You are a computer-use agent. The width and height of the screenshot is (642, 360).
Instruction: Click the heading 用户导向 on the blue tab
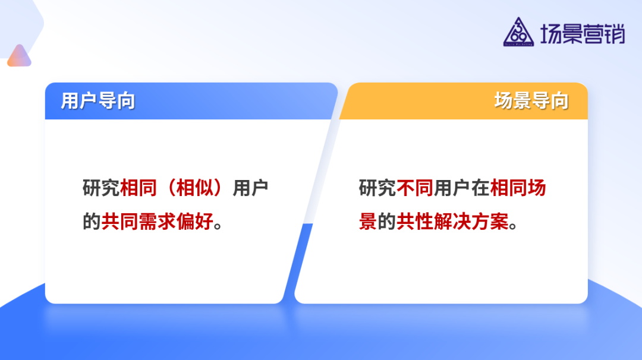pos(97,101)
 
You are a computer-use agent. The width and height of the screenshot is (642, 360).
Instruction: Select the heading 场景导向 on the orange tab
pos(531,101)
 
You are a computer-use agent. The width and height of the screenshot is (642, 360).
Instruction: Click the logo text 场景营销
pos(582,33)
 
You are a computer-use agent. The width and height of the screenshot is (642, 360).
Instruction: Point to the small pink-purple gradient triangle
pos(20,56)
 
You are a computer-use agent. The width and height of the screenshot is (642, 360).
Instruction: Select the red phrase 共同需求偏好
pos(157,222)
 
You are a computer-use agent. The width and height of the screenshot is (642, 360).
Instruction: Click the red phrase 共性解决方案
pos(453,222)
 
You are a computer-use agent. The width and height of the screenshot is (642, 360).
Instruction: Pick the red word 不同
pos(415,188)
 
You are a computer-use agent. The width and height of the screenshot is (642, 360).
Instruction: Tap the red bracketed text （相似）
pos(194,188)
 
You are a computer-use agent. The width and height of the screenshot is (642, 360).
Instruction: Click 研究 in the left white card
pos(101,188)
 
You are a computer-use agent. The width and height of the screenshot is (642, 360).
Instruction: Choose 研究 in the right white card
pos(377,188)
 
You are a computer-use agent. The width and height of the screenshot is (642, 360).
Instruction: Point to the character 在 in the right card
pos(481,188)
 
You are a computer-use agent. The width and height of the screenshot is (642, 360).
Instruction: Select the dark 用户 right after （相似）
pos(250,188)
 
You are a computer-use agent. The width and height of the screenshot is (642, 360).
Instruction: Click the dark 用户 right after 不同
pos(452,188)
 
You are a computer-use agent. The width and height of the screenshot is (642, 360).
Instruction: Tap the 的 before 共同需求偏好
pos(92,222)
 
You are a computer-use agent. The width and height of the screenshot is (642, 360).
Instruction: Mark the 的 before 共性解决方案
pos(387,222)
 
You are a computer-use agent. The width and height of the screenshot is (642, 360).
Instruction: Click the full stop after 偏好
pos(218,226)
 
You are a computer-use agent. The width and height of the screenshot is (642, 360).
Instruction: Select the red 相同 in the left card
pos(139,188)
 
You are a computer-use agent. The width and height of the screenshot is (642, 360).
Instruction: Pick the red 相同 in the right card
pos(509,188)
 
